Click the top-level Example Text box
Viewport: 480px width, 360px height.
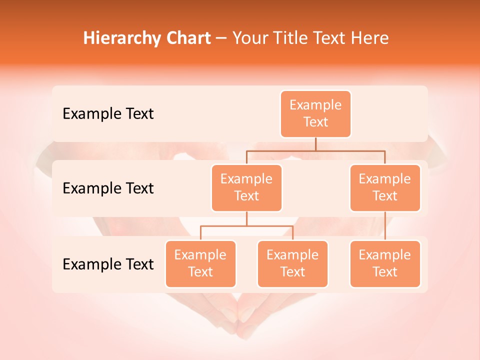315,113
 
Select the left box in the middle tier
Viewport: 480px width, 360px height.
246,187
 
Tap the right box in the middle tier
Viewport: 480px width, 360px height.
385,187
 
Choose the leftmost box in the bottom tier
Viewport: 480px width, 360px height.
200,263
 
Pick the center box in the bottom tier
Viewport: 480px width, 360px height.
292,263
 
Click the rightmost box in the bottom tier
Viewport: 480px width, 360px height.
385,263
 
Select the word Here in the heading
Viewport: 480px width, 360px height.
370,38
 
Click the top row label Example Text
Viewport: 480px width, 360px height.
108,113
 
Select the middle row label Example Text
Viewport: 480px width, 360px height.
108,188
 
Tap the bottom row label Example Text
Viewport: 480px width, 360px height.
108,263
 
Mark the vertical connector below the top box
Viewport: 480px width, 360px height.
315,144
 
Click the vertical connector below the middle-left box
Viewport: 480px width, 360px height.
246,218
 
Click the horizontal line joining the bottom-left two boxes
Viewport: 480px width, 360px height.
246,226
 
